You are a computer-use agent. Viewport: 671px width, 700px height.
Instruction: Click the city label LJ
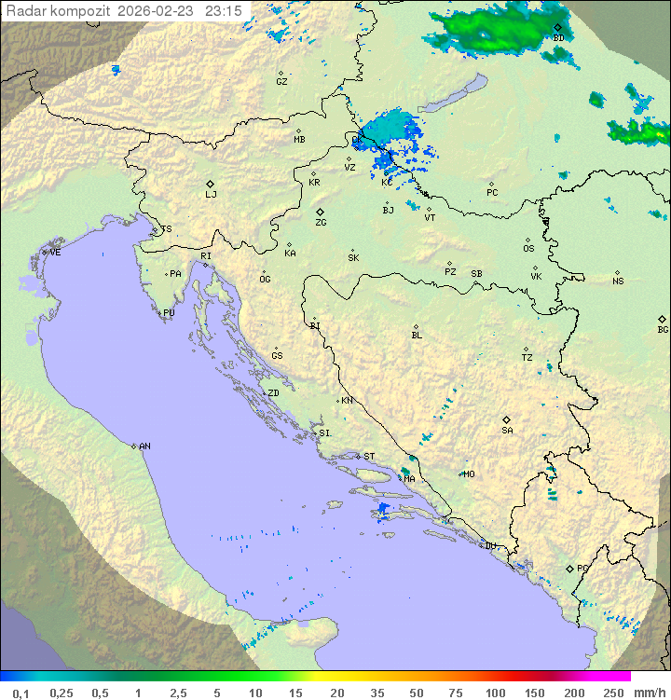(211, 195)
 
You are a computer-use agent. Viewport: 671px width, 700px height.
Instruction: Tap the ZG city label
(321, 223)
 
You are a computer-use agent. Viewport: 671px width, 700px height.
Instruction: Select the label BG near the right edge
(663, 330)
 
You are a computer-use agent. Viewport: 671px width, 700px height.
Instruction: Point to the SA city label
(507, 431)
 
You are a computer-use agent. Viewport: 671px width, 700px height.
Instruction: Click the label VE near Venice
(55, 253)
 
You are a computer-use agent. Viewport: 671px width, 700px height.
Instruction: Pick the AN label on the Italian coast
(144, 446)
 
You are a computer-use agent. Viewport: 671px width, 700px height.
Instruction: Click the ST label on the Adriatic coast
(369, 457)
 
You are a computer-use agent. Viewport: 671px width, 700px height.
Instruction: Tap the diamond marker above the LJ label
(211, 184)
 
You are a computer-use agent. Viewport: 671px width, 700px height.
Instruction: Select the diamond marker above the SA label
(507, 419)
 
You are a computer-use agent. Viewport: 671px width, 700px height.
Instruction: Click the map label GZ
(281, 82)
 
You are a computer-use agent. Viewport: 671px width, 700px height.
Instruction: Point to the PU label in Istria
(169, 313)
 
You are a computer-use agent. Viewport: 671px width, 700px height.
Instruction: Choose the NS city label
(618, 281)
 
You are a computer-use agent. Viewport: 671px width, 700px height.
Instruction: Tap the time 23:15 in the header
(224, 10)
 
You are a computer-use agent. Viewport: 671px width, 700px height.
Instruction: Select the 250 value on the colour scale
(612, 693)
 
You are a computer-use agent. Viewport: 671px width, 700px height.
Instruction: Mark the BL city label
(417, 336)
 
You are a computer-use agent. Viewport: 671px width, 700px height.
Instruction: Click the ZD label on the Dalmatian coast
(273, 393)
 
